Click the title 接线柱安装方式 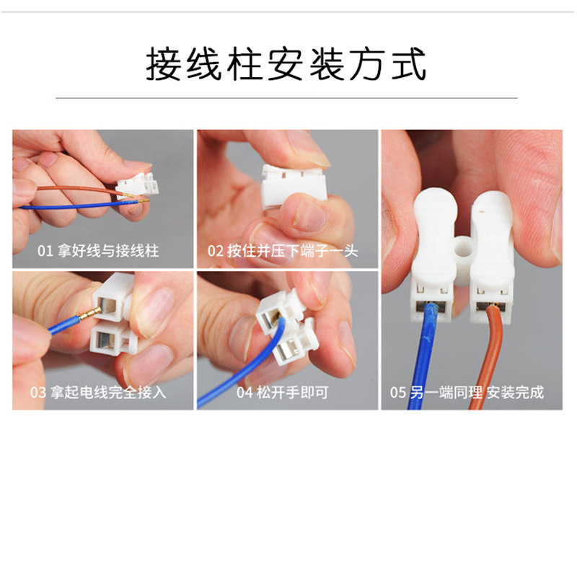coord(286,64)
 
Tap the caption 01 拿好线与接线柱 coord(98,251)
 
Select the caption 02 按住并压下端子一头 coord(283,251)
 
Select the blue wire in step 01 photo coord(72,207)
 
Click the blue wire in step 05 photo coord(422,361)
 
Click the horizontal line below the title coord(286,97)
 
